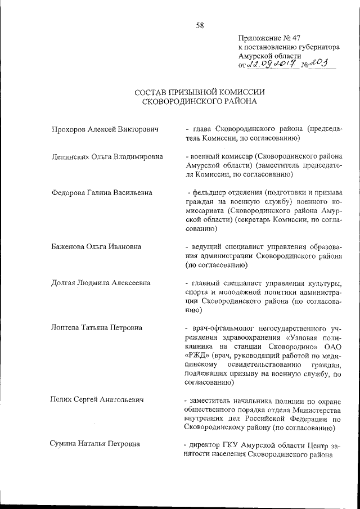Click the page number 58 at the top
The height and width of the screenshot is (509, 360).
tap(200, 25)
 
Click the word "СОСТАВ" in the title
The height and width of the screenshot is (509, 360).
tap(155, 92)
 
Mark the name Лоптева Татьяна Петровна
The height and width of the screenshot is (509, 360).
tap(97, 327)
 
